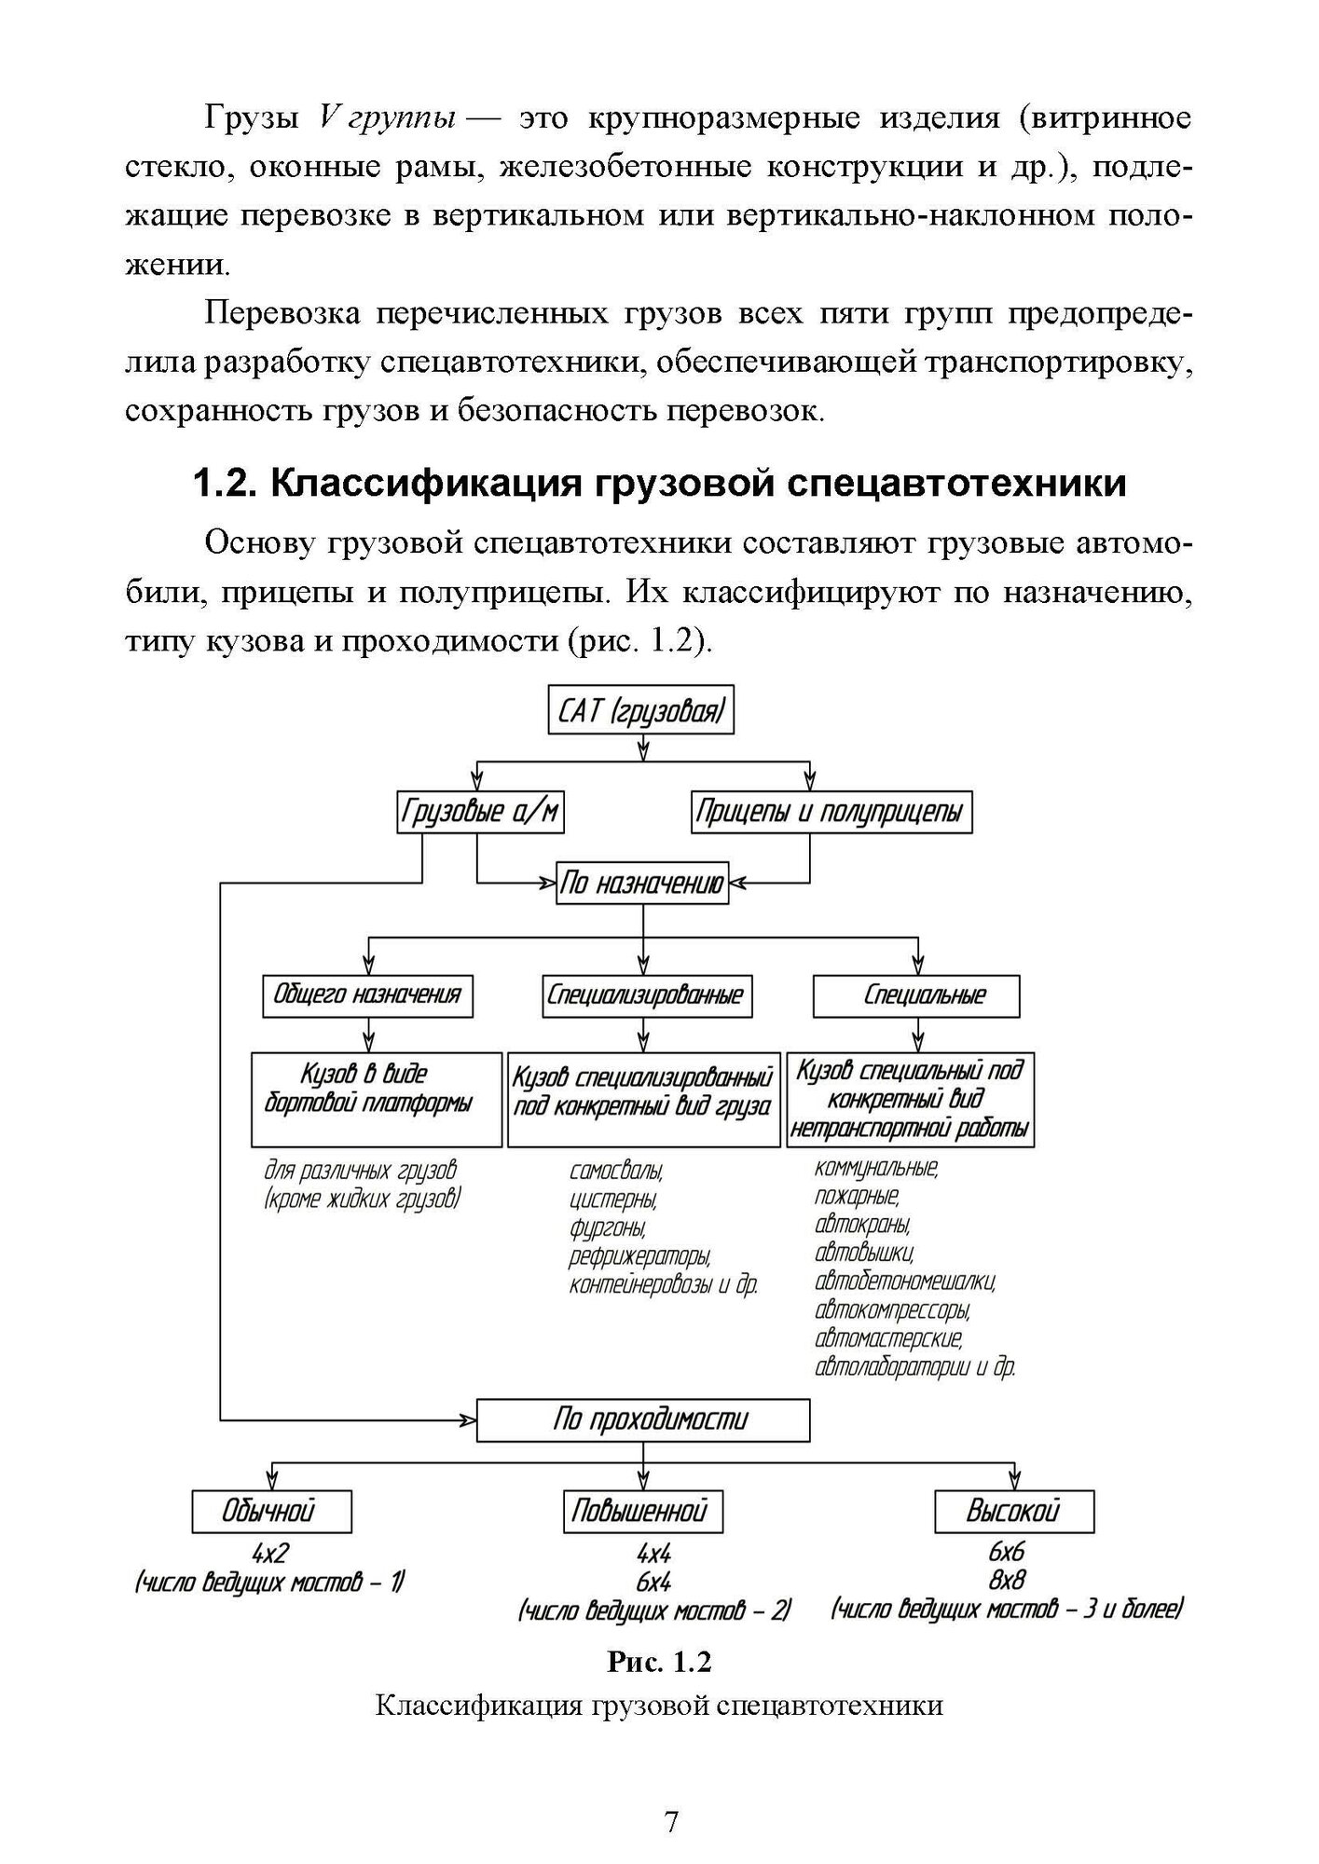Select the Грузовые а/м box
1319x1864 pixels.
[480, 812]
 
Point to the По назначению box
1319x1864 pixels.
[642, 882]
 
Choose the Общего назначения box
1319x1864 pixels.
[367, 995]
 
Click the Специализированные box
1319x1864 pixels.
[646, 995]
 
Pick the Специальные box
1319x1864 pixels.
[917, 996]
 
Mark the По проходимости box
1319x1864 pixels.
[643, 1420]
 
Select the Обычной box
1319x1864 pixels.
[271, 1511]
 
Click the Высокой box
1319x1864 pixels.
[1013, 1511]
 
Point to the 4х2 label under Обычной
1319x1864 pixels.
[270, 1553]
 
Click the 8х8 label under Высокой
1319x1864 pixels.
[1008, 1580]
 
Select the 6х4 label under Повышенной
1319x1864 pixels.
[653, 1582]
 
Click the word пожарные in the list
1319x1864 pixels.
[857, 1196]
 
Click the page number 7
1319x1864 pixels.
[670, 1819]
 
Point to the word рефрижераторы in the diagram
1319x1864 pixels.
[640, 1257]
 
